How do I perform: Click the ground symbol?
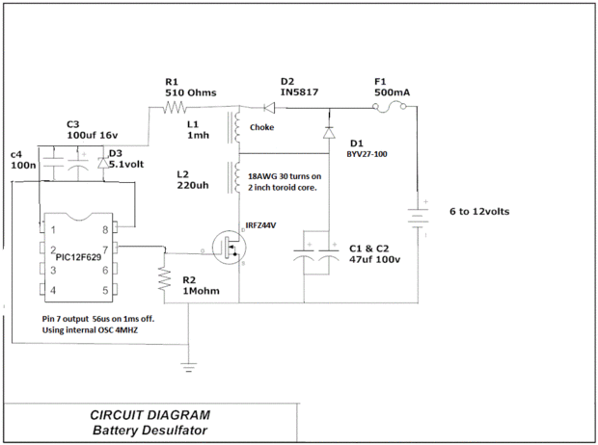(x=190, y=366)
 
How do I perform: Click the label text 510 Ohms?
(x=190, y=93)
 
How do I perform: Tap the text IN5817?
(x=299, y=92)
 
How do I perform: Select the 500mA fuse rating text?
(x=393, y=92)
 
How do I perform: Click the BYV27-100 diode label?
(x=367, y=152)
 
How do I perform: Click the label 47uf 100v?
(x=376, y=260)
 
